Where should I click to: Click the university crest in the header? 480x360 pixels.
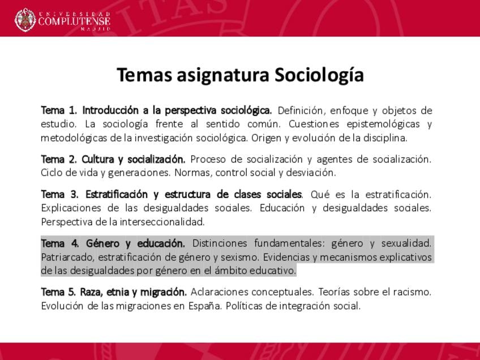pyautogui.click(x=25, y=20)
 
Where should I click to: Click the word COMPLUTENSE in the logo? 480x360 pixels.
pyautogui.click(x=74, y=21)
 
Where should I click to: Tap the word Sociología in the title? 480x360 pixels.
pyautogui.click(x=319, y=75)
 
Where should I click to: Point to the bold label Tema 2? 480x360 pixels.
pyautogui.click(x=59, y=159)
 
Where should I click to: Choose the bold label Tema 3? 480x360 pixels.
pyautogui.click(x=59, y=194)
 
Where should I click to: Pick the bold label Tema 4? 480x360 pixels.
pyautogui.click(x=59, y=243)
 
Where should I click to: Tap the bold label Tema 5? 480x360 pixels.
pyautogui.click(x=58, y=292)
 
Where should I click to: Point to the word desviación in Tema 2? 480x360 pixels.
pyautogui.click(x=311, y=173)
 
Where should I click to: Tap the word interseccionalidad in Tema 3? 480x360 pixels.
pyautogui.click(x=162, y=222)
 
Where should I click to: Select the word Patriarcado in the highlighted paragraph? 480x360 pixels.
pyautogui.click(x=68, y=257)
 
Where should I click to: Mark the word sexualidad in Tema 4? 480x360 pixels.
pyautogui.click(x=406, y=243)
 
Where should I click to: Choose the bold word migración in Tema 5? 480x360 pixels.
pyautogui.click(x=163, y=292)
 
